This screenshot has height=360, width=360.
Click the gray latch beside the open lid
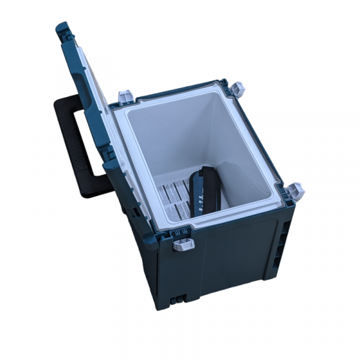[x=127, y=96]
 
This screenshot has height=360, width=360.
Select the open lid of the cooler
[x=90, y=90]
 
